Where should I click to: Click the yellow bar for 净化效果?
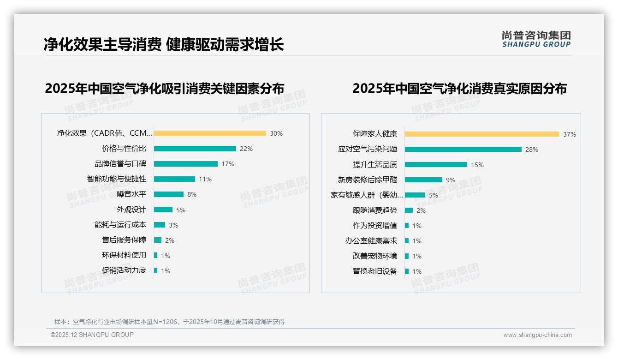click(x=210, y=133)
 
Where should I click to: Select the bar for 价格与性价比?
click(x=195, y=149)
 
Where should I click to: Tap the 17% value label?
click(x=228, y=164)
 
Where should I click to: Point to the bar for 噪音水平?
click(x=169, y=194)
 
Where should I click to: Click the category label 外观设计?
click(x=131, y=210)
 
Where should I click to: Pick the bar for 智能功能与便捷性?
click(x=174, y=179)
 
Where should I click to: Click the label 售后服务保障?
click(x=124, y=240)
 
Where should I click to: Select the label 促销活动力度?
click(x=124, y=270)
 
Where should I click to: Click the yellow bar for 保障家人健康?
click(x=482, y=134)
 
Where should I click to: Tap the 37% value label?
click(x=569, y=135)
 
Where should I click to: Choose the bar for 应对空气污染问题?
click(x=463, y=150)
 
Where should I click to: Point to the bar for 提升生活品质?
click(x=436, y=165)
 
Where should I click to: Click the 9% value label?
click(x=451, y=180)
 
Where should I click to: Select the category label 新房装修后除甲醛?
click(x=368, y=180)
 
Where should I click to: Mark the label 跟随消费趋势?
click(x=375, y=210)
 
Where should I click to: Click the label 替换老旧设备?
click(x=375, y=271)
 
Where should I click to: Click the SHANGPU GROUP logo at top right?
click(x=536, y=39)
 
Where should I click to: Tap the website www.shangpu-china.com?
click(x=537, y=335)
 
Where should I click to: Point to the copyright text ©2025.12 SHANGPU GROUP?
click(x=92, y=335)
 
